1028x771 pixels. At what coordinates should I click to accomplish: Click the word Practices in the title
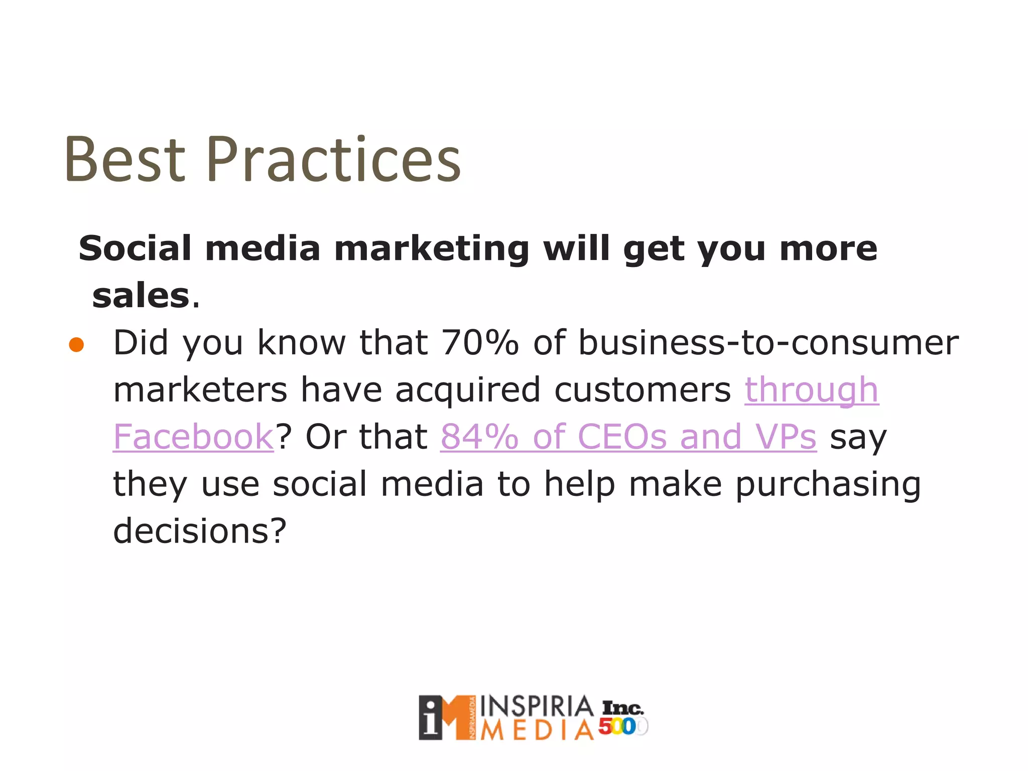(x=333, y=160)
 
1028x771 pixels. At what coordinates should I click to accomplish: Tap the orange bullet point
(x=76, y=345)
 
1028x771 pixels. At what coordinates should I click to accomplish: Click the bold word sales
(x=141, y=296)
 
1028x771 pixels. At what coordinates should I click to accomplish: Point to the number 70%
(x=479, y=343)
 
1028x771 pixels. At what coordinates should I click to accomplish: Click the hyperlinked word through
(x=811, y=390)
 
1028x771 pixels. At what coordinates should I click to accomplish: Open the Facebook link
(x=193, y=437)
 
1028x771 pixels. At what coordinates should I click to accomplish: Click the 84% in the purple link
(x=479, y=437)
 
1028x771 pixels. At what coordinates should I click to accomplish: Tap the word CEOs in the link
(x=622, y=437)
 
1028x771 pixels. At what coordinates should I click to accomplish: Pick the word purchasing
(x=828, y=485)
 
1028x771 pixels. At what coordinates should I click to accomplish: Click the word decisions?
(x=200, y=531)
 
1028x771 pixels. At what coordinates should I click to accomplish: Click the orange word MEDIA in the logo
(x=536, y=730)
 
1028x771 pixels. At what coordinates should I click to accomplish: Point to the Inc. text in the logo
(x=622, y=708)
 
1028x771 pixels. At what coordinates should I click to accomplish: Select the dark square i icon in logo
(x=431, y=718)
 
